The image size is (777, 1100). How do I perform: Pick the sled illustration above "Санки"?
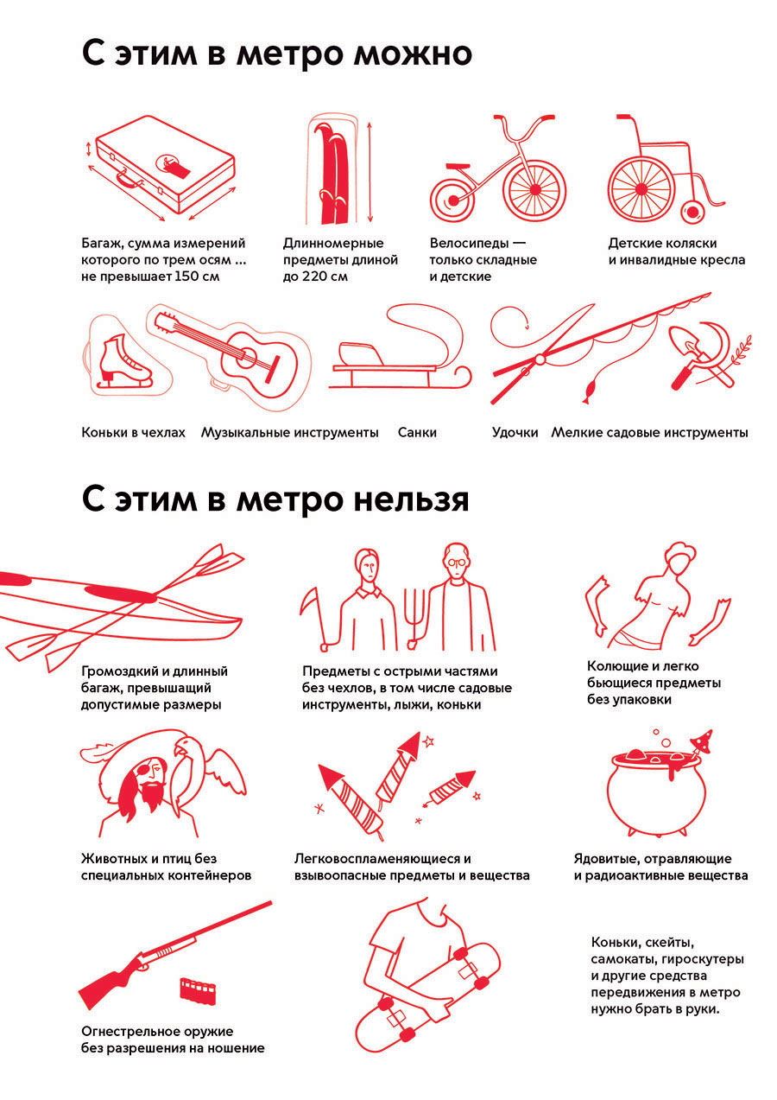[x=401, y=354]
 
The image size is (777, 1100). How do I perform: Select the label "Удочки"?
[x=515, y=433]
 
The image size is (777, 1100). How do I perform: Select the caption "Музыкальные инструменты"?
[x=289, y=433]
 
